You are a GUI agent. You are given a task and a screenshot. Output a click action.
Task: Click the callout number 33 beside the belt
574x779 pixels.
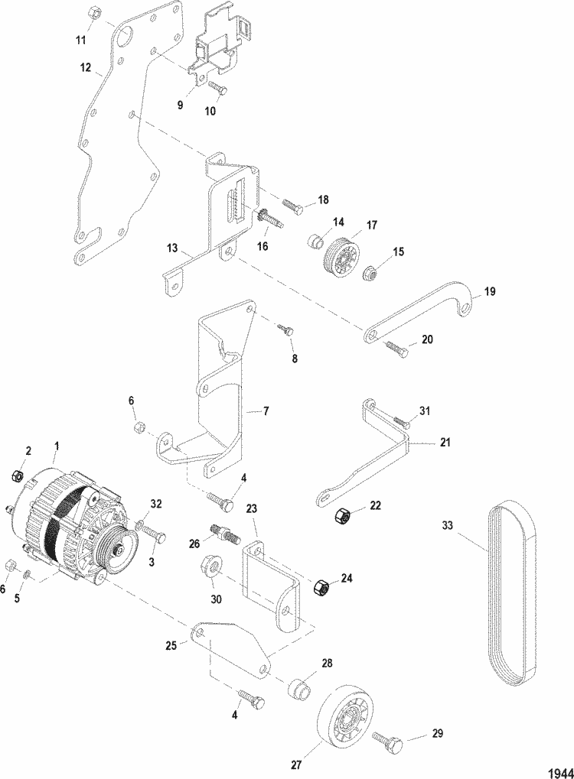(x=448, y=525)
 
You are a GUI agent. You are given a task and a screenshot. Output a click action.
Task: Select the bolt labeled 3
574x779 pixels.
(x=152, y=532)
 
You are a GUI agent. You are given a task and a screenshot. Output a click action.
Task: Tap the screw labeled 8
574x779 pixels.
(x=286, y=329)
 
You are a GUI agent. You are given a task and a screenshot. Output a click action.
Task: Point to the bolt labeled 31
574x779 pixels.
(x=401, y=421)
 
